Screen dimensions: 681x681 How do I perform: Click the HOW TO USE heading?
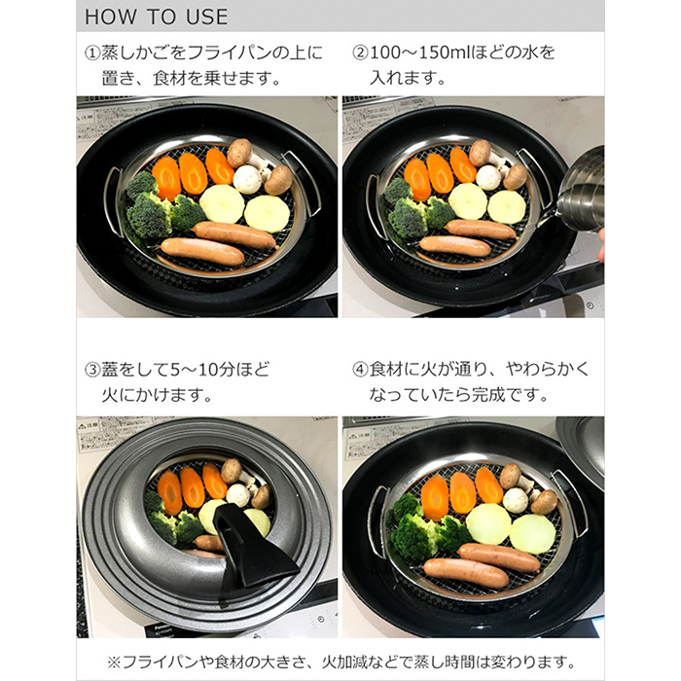[x=157, y=17]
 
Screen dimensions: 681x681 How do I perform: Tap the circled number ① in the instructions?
[x=90, y=52]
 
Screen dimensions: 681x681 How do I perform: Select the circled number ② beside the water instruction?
[x=360, y=52]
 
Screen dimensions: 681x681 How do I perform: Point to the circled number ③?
[x=90, y=371]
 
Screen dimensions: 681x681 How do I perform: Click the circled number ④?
[x=360, y=371]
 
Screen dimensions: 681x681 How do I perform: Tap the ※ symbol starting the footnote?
[x=114, y=661]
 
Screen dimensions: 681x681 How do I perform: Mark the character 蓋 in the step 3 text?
[x=111, y=371]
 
